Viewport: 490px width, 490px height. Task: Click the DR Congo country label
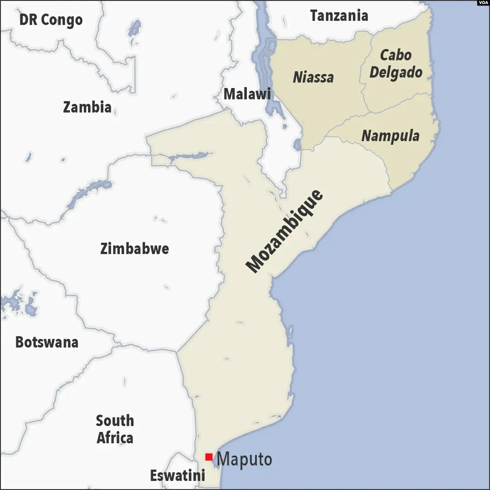[51, 20]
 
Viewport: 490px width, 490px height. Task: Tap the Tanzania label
[339, 16]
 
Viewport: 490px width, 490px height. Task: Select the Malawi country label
[247, 94]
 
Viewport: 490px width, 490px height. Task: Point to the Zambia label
[87, 107]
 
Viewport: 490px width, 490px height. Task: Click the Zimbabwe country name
[134, 249]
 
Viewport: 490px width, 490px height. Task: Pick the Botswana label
[47, 342]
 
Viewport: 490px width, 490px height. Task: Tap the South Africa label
[115, 429]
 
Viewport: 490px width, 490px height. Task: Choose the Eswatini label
[177, 475]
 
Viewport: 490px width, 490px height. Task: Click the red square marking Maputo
[209, 457]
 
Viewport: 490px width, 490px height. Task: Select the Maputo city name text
[245, 459]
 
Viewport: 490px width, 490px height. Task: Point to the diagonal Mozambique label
[284, 231]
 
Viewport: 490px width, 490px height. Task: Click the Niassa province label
[313, 77]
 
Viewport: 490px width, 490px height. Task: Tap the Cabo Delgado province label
[396, 64]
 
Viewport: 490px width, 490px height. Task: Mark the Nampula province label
[390, 136]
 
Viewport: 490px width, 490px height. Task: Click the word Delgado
[396, 73]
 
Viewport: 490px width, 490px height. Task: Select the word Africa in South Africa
[115, 438]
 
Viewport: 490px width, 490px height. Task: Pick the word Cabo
[396, 55]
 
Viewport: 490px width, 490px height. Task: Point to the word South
[115, 421]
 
